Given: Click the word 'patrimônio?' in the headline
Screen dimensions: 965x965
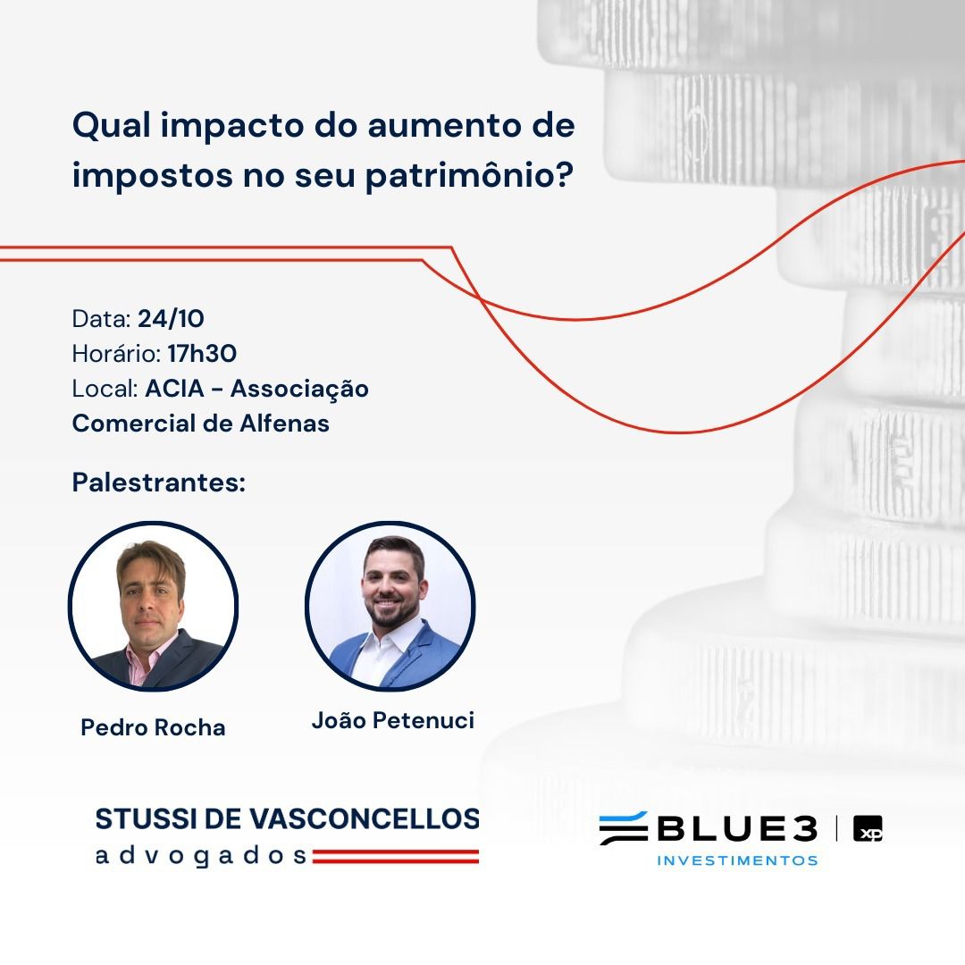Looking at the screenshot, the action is pyautogui.click(x=470, y=177).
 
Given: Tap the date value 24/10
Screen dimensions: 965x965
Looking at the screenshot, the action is pyautogui.click(x=171, y=319).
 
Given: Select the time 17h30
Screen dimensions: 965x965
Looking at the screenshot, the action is pyautogui.click(x=202, y=354).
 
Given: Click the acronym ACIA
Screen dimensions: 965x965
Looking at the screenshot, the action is pyautogui.click(x=175, y=389).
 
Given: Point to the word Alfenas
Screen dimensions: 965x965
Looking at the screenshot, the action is pyautogui.click(x=284, y=424).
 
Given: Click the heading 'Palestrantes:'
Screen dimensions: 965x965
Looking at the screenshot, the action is pyautogui.click(x=159, y=482).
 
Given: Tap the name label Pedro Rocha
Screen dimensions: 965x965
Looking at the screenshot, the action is pyautogui.click(x=154, y=727).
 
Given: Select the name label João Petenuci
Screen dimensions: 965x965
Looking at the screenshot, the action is pyautogui.click(x=393, y=721).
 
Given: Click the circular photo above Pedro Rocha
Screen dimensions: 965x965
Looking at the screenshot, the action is pyautogui.click(x=154, y=606).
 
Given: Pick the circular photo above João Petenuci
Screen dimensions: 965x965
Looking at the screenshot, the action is pyautogui.click(x=390, y=606).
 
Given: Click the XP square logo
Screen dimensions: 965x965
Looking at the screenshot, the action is pyautogui.click(x=868, y=828).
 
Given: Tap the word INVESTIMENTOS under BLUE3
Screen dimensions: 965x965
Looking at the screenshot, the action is pyautogui.click(x=737, y=860).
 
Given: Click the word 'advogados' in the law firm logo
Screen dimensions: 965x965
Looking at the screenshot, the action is pyautogui.click(x=201, y=856).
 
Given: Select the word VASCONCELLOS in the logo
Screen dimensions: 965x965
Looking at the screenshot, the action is pyautogui.click(x=365, y=819).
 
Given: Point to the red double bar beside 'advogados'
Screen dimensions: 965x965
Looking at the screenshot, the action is pyautogui.click(x=395, y=857).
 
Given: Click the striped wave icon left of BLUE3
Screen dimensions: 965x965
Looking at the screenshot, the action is pyautogui.click(x=624, y=828).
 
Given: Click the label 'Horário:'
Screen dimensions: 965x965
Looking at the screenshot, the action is pyautogui.click(x=116, y=354).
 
